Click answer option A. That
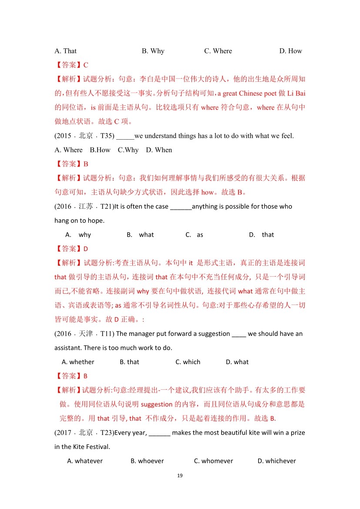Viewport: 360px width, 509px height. tap(65, 51)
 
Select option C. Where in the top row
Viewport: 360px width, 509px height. tap(218, 51)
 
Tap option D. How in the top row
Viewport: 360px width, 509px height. tap(290, 51)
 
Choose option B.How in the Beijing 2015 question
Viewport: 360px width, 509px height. tap(100, 150)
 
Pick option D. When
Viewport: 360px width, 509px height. tap(159, 150)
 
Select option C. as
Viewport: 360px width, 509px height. tap(194, 234)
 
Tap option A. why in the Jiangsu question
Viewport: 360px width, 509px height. tap(78, 234)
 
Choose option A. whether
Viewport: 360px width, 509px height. tap(78, 362)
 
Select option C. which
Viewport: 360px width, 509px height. tap(188, 362)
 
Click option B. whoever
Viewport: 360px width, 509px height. tap(147, 461)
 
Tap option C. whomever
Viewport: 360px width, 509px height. tap(213, 461)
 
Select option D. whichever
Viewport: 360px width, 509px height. tap(276, 461)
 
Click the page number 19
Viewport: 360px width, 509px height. tap(180, 476)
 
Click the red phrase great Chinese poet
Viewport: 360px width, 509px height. tap(247, 93)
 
